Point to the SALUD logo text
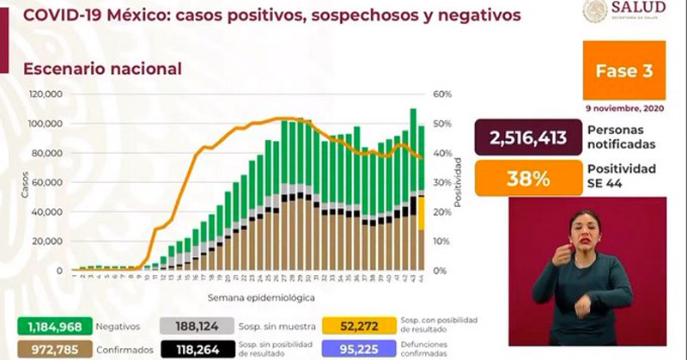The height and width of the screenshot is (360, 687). (641, 11)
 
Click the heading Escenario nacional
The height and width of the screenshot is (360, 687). (102, 69)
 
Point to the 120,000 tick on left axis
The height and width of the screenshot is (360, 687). (46, 95)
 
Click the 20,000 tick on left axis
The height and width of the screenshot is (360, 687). (47, 241)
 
